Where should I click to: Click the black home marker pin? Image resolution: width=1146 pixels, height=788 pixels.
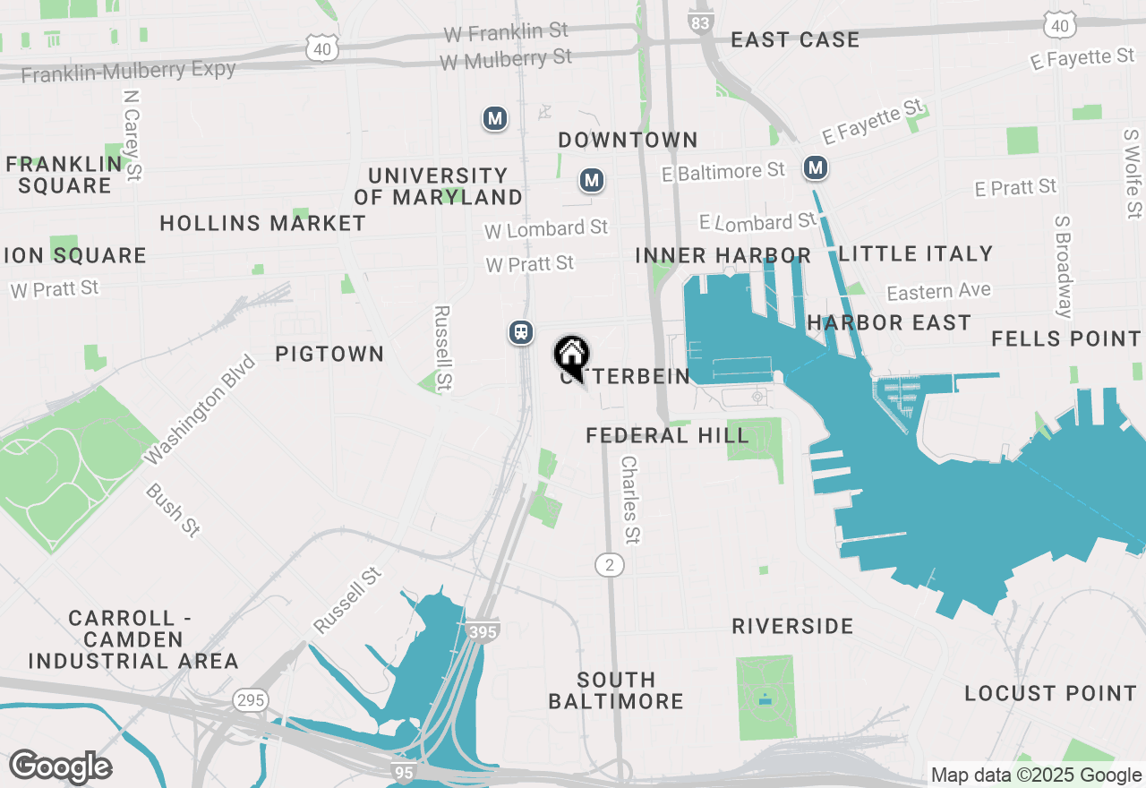571,355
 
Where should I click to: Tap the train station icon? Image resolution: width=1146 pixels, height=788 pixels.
520,332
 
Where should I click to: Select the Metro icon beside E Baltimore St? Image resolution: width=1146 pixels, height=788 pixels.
815,167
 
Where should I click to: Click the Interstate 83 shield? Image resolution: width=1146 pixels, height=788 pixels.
702,21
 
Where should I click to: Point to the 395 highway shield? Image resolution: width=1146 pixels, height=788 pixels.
482,631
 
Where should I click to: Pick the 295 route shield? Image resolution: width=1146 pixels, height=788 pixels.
251,699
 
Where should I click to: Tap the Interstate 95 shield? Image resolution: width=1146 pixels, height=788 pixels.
403,768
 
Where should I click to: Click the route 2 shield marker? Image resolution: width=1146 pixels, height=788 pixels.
610,564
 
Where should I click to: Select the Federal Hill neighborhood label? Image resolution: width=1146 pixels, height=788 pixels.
667,436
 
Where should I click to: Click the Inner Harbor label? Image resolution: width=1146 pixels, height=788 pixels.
723,256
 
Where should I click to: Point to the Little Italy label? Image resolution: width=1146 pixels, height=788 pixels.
915,254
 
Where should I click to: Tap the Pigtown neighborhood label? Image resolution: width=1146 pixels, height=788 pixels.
329,355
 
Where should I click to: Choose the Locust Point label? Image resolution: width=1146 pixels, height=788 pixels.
1050,694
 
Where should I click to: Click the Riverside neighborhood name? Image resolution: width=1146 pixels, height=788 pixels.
792,626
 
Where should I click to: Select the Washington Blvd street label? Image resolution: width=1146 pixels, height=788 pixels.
200,411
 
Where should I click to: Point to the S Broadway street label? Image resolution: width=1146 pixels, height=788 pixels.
1063,266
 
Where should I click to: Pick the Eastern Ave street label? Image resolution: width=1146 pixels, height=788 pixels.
938,292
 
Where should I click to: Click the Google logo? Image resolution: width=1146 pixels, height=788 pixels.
60,767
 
